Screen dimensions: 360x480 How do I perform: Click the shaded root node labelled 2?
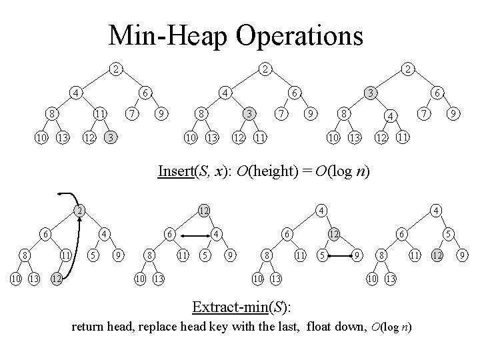click(79, 210)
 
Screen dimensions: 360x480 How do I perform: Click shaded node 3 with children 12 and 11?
click(248, 114)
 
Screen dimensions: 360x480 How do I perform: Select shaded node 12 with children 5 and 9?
click(332, 234)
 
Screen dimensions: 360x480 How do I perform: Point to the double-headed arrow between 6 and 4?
click(193, 235)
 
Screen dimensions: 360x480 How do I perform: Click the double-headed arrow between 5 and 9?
click(340, 255)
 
